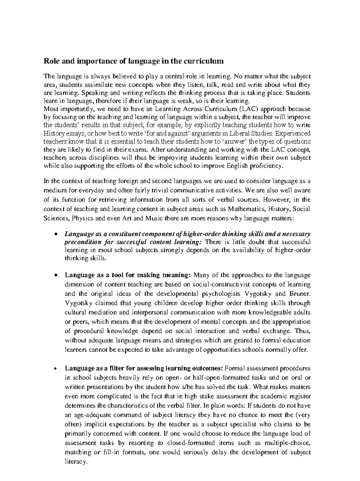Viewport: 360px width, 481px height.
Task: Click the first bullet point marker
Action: pos(55,234)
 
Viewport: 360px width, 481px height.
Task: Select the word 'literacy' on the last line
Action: pos(75,462)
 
